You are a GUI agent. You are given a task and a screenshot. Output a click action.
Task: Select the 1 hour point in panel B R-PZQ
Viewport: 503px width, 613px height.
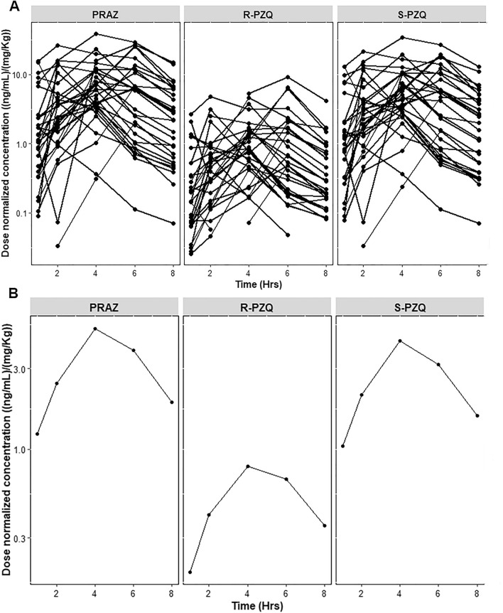coord(190,572)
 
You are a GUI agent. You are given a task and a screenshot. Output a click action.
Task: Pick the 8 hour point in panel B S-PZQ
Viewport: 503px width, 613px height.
coord(477,415)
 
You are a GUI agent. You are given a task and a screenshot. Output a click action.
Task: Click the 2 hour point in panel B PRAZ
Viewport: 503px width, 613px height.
coord(57,383)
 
